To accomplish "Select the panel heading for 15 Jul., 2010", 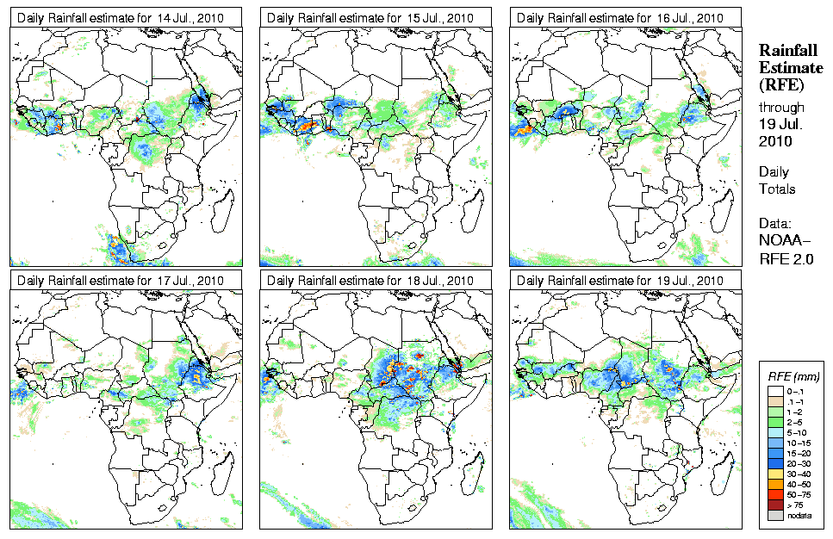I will (x=370, y=17).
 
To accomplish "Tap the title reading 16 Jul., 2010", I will (x=620, y=17).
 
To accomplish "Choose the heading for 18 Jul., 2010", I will (x=370, y=281).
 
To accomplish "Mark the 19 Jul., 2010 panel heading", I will (x=620, y=281).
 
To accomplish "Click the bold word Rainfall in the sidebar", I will (x=788, y=52).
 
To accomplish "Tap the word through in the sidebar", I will (x=781, y=108).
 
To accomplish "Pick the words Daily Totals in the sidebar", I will (x=777, y=181).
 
